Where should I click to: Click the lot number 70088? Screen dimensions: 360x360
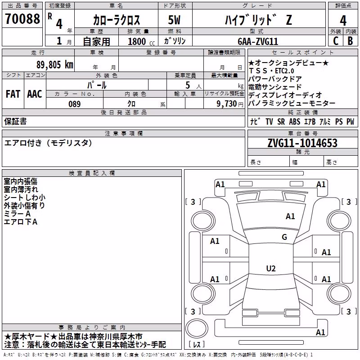point(22,18)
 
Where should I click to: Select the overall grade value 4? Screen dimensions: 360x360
point(343,20)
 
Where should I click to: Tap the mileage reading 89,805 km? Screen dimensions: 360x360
point(55,65)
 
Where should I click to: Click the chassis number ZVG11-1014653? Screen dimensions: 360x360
point(302,143)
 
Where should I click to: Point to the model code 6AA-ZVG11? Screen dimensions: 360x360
point(258,41)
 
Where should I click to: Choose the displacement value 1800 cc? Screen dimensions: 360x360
point(141,41)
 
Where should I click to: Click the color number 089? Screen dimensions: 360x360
point(75,104)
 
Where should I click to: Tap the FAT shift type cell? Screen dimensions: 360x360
point(13,94)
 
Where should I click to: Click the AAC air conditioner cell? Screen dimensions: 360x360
point(35,94)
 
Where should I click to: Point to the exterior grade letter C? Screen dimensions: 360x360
point(336,41)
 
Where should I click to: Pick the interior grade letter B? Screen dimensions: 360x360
point(350,41)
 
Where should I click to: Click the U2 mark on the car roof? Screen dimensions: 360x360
point(271,268)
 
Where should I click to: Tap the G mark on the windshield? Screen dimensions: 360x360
point(284,237)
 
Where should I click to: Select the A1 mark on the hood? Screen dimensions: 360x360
point(290,216)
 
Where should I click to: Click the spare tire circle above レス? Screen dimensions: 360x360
point(197,328)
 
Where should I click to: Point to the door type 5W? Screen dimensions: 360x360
point(174,20)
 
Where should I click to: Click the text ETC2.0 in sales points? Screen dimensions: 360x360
point(284,71)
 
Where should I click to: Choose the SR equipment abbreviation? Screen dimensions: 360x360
point(281,121)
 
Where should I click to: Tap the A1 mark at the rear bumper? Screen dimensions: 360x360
point(320,332)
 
